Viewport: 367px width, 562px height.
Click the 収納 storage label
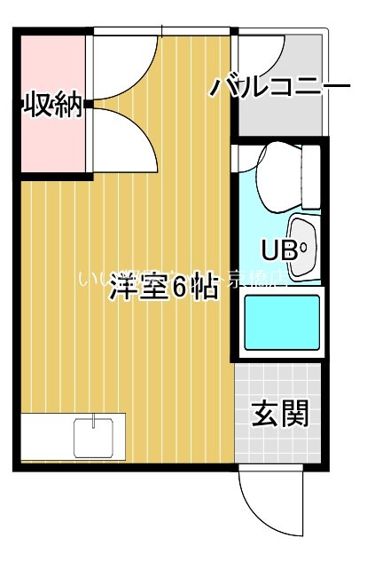[52, 107]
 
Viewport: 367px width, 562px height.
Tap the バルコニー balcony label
[280, 88]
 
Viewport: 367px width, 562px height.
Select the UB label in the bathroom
[277, 249]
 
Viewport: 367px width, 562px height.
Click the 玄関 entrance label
[280, 413]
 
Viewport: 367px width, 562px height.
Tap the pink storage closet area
[52, 142]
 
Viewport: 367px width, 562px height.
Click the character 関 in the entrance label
[296, 413]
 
